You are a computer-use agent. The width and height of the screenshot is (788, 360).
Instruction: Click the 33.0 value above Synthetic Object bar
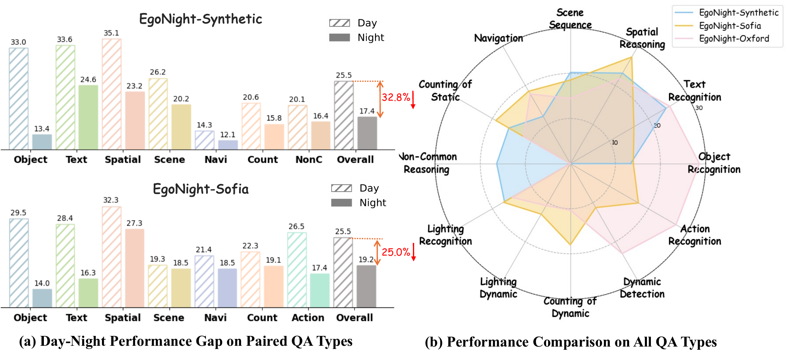[18, 42]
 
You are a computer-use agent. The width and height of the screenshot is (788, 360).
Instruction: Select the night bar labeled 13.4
[42, 142]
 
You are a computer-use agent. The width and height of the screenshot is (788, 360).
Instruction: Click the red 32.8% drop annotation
[396, 97]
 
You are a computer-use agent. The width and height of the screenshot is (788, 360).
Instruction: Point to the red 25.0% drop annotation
[396, 252]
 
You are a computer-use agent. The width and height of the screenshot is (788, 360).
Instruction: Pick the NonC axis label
[309, 160]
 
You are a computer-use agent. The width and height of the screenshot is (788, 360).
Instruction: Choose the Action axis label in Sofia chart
[308, 318]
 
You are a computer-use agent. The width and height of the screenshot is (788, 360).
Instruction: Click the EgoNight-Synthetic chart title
[200, 19]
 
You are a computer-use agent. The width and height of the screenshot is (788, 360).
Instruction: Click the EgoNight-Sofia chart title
[200, 189]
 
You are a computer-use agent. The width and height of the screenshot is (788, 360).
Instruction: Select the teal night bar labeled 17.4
[319, 290]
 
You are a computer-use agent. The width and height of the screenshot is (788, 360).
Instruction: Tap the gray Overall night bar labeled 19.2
[366, 286]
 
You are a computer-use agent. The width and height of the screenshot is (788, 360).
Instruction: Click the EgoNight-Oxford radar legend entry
[733, 39]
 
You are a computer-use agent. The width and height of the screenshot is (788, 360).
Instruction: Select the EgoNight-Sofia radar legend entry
[730, 26]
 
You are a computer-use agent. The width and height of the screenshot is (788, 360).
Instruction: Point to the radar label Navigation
[498, 38]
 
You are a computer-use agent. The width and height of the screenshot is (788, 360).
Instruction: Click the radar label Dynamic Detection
[642, 288]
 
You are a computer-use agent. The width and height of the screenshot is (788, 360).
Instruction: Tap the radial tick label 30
[699, 108]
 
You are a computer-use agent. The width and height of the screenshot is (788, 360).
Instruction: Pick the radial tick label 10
[615, 143]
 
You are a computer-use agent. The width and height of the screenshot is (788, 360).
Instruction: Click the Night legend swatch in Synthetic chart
[339, 38]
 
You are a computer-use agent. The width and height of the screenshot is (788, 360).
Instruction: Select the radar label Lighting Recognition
[445, 235]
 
